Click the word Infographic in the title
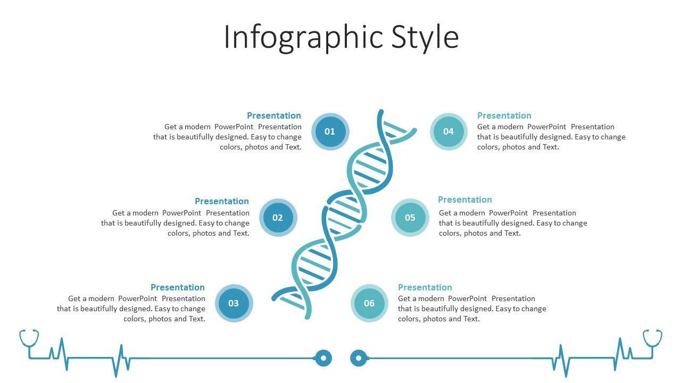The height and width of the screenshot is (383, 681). [x=303, y=38]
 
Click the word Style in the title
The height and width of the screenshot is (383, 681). [x=425, y=38]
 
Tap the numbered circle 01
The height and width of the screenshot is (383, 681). [x=330, y=131]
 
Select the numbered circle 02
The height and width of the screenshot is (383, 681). [x=278, y=218]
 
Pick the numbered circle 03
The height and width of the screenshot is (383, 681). [x=234, y=303]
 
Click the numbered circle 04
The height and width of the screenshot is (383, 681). [x=449, y=131]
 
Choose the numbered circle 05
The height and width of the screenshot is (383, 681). [x=410, y=218]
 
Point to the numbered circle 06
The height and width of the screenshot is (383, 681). [x=369, y=303]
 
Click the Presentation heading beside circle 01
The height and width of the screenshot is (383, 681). [x=274, y=115]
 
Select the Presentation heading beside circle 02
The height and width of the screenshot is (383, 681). [x=222, y=201]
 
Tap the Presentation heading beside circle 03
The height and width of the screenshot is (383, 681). [x=178, y=287]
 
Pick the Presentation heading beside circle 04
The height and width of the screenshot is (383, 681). [x=504, y=115]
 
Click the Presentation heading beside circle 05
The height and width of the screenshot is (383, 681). [x=465, y=199]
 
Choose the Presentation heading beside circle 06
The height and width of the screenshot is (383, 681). [x=425, y=287]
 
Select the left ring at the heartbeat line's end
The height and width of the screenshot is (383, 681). [x=323, y=358]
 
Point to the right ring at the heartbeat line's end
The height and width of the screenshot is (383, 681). [x=359, y=358]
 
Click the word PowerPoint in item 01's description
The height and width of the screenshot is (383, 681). [x=234, y=127]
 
